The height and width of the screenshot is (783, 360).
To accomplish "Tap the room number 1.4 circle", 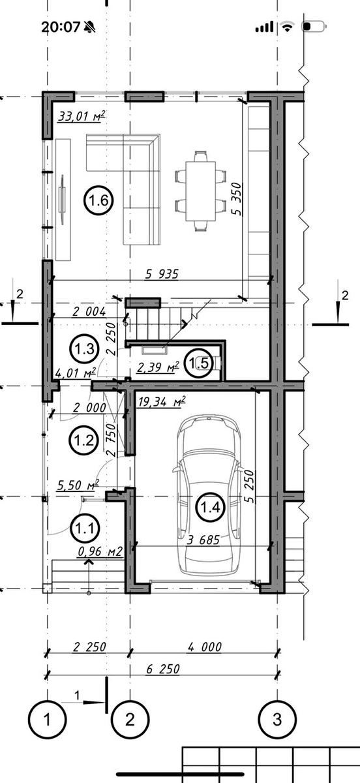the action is tap(210, 507).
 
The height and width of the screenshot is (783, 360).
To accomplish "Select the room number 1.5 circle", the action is tap(199, 363).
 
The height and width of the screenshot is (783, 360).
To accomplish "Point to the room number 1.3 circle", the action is tap(85, 348).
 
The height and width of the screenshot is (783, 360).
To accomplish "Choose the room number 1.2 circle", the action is tap(84, 440).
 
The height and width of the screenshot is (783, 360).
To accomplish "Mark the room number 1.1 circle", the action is tap(85, 528).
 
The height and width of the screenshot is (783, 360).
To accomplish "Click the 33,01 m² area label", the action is tap(81, 115).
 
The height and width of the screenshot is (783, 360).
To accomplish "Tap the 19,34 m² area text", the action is tap(161, 402).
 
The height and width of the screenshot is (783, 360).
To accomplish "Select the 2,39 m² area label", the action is tap(158, 367).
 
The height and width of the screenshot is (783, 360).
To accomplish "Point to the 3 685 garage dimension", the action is tap(203, 540).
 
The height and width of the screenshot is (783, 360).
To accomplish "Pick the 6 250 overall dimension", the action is tap(163, 669).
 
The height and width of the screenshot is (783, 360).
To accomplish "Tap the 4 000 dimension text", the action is tap(205, 647).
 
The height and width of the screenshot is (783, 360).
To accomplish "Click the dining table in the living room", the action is tap(200, 191).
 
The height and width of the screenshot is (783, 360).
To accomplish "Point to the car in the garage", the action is tap(209, 495).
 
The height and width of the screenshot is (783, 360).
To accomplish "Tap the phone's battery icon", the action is tap(314, 27).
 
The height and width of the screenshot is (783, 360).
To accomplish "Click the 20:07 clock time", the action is tap(61, 27).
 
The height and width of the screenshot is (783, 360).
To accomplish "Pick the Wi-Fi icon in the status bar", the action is tap(288, 27).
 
